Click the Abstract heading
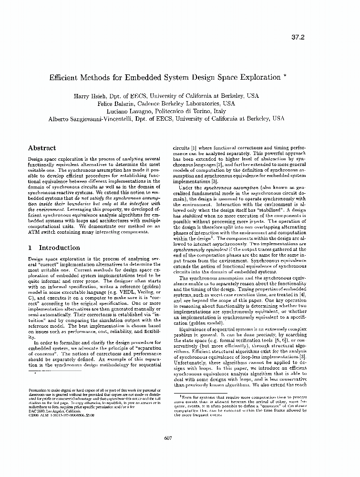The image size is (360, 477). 42,148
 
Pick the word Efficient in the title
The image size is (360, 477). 65,77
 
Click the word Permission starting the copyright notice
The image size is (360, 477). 38,390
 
